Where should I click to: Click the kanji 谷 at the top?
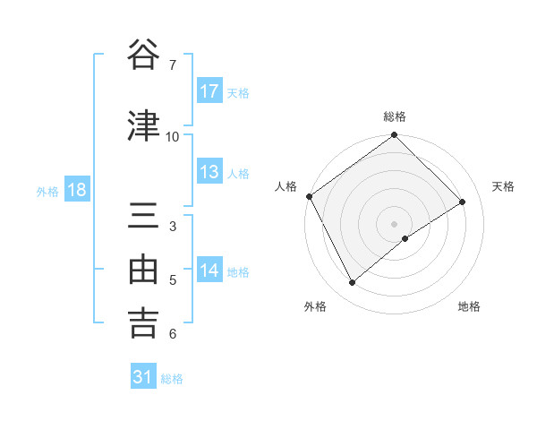pyautogui.click(x=144, y=55)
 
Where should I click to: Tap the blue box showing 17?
pyautogui.click(x=209, y=91)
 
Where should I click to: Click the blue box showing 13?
pyautogui.click(x=209, y=172)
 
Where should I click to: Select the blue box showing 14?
pyautogui.click(x=209, y=271)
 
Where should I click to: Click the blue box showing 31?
pyautogui.click(x=143, y=377)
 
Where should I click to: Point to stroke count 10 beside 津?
pyautogui.click(x=173, y=136)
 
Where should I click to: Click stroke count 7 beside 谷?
pyautogui.click(x=172, y=65)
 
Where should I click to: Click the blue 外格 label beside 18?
pyautogui.click(x=47, y=191)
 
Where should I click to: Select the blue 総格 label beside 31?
pyautogui.click(x=172, y=379)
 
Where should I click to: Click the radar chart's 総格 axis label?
pyautogui.click(x=395, y=116)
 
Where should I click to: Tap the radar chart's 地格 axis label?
pyautogui.click(x=469, y=306)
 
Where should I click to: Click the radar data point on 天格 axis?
pyautogui.click(x=463, y=202)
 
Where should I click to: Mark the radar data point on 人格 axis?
pyautogui.click(x=309, y=196)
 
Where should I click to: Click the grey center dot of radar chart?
pyautogui.click(x=394, y=223)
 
